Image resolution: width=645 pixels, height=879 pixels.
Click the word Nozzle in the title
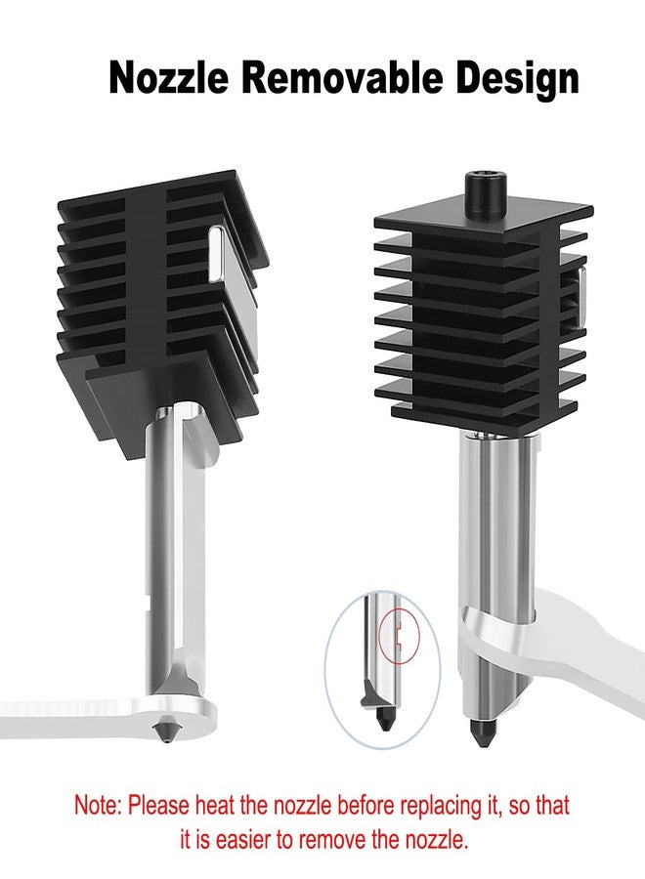169,78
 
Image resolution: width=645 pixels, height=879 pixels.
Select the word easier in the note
247,840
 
